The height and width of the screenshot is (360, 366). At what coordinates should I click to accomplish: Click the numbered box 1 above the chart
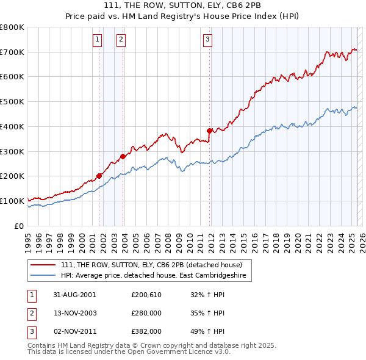(x=97, y=40)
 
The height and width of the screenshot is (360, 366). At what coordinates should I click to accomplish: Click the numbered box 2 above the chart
(x=121, y=40)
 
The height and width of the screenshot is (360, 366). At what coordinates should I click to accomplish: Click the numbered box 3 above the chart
(x=207, y=40)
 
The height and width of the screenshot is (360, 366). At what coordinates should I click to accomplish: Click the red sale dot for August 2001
(x=99, y=176)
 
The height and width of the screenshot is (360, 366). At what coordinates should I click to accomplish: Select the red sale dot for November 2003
(x=123, y=156)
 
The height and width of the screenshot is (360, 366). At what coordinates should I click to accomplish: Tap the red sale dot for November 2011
(x=209, y=131)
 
